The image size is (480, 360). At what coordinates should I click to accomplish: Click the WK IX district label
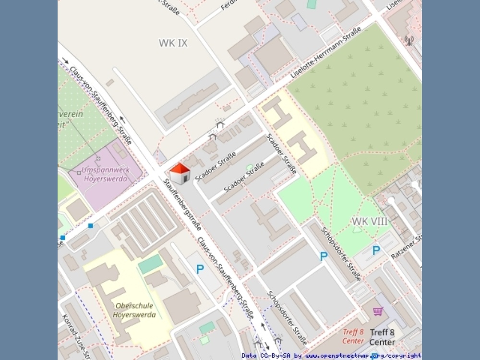coord(173,43)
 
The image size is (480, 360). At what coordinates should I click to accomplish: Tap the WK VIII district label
coord(370,221)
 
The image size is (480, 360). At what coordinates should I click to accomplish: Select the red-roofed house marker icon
coord(180,173)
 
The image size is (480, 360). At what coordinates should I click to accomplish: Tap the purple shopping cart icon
coord(378,312)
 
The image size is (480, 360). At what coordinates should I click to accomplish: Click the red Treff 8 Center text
coord(353,336)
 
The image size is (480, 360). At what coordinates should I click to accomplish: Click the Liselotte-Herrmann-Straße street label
coord(326,53)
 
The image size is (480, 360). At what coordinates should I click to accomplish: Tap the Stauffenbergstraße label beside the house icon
coord(182,204)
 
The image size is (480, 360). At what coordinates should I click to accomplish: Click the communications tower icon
coord(408,40)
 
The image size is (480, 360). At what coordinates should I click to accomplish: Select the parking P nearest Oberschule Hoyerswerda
coord(200,269)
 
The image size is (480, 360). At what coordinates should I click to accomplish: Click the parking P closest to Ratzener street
coord(376,250)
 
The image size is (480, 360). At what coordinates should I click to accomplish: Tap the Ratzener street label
coord(406,247)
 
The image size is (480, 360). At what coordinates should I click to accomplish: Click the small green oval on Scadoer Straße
coord(249,167)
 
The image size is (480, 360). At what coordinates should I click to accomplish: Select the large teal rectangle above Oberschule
coord(151,264)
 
